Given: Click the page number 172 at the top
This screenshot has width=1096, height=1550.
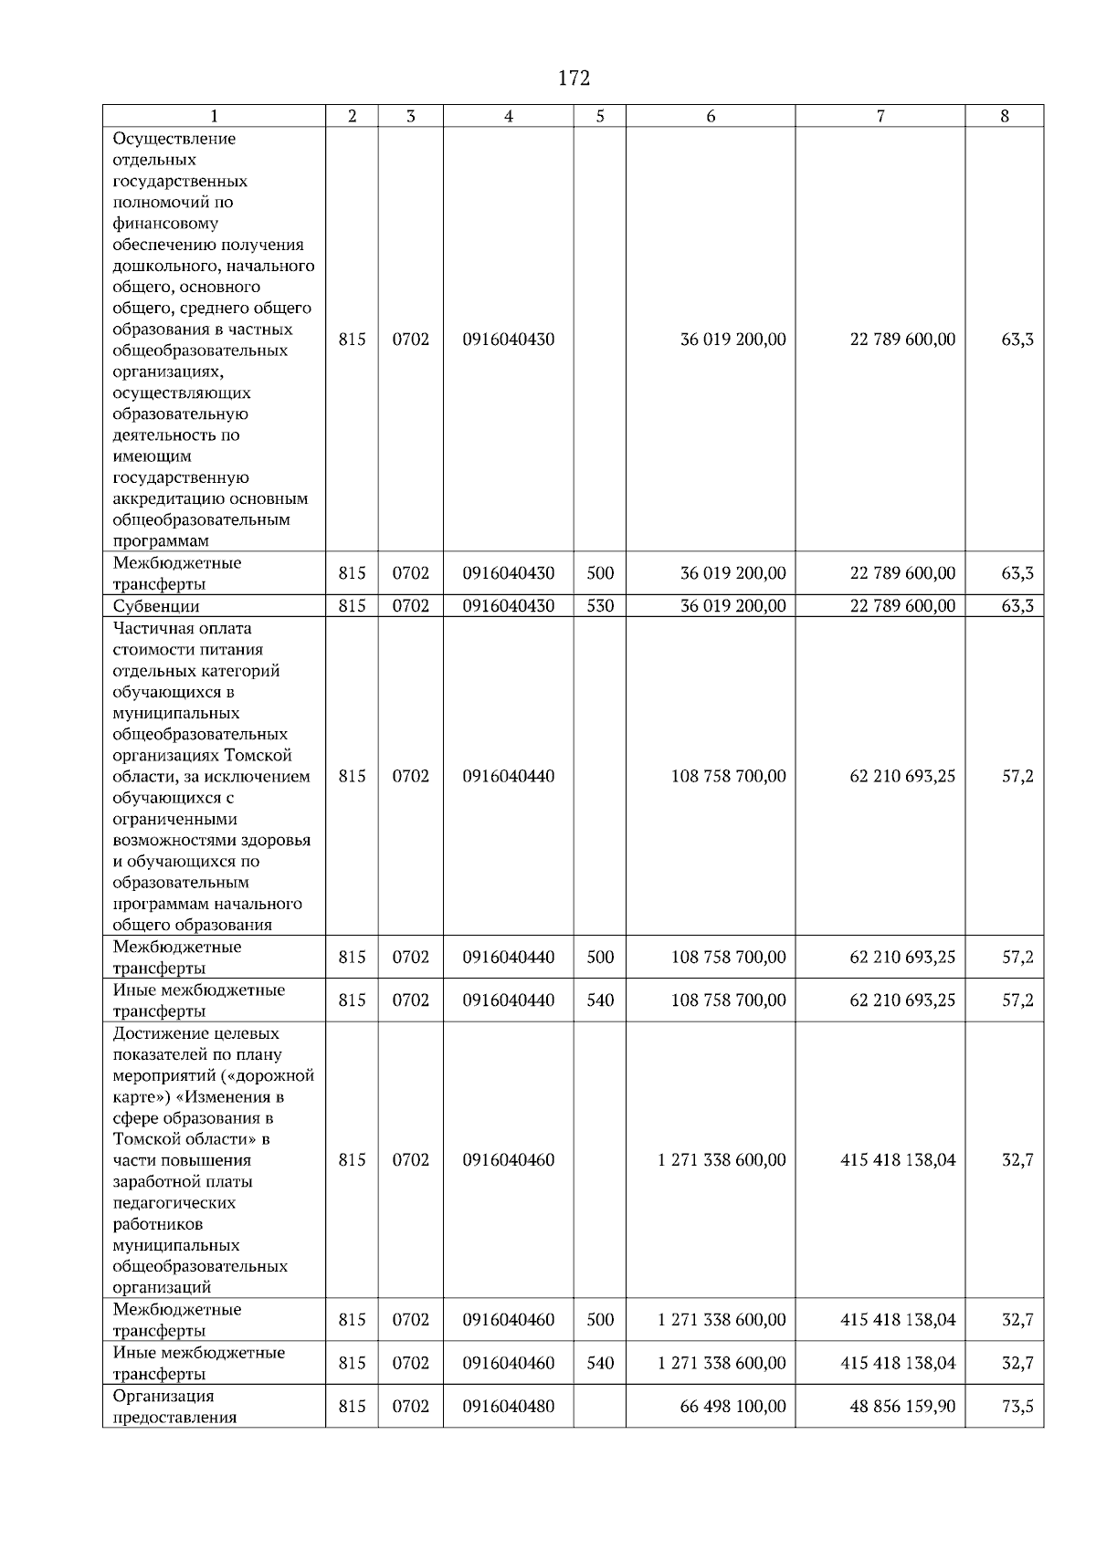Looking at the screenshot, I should click(x=574, y=79).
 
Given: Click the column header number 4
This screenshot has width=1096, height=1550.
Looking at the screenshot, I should click(x=508, y=116).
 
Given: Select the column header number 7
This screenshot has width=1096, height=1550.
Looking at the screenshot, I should click(x=880, y=116).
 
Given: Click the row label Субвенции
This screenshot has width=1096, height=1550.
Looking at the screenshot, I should click(x=155, y=606).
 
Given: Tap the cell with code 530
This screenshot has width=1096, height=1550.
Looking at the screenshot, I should click(x=600, y=606).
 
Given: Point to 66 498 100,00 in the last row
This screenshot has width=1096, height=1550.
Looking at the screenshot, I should click(x=732, y=1407).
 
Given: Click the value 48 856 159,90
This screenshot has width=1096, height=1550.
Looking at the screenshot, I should click(x=902, y=1407).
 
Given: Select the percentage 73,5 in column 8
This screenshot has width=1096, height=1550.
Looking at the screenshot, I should click(x=1017, y=1407).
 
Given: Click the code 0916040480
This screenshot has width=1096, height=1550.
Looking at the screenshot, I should click(x=508, y=1407).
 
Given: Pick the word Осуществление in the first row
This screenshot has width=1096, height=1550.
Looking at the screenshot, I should click(x=174, y=139).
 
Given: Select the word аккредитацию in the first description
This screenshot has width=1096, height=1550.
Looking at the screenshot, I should click(x=168, y=499).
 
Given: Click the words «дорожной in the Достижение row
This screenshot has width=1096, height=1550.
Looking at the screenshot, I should click(x=278, y=1075).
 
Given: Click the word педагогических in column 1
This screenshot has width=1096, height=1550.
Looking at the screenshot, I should click(x=174, y=1203).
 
